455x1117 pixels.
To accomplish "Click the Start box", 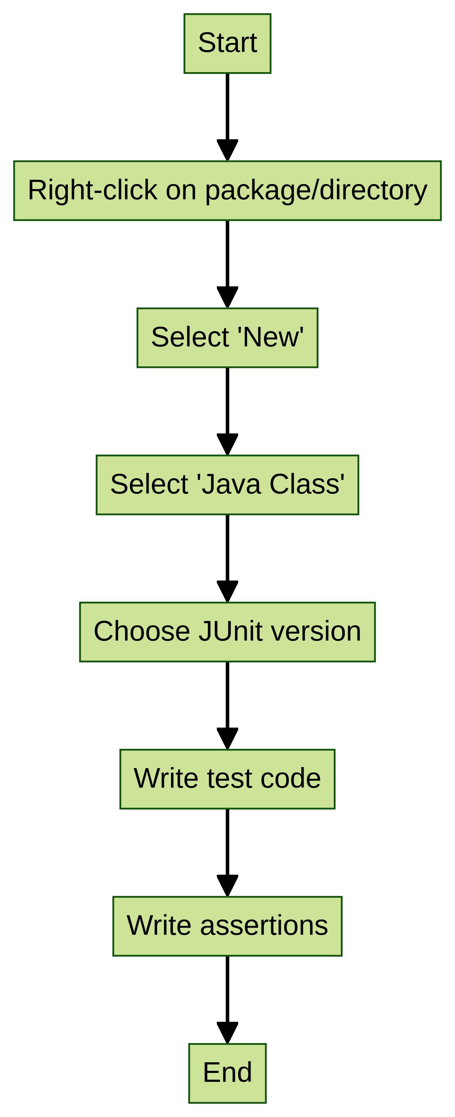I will [227, 43].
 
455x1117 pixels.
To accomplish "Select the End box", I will [227, 1073].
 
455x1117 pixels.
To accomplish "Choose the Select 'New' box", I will [227, 338].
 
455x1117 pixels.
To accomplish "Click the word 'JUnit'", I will [230, 631].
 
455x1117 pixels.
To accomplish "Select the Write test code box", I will [227, 779].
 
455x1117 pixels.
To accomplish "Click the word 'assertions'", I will [264, 926].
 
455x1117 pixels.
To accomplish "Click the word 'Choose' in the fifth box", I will [142, 631].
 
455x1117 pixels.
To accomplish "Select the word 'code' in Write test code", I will [291, 779].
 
